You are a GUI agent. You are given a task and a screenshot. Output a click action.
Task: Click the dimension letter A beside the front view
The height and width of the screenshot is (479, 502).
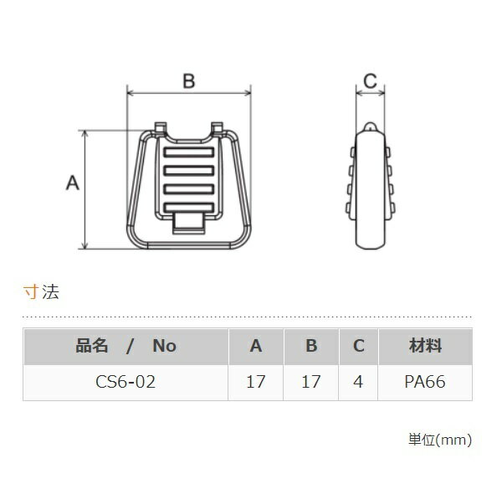(x=72, y=183)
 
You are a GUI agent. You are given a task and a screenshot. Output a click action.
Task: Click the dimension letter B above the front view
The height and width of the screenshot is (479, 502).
(x=189, y=80)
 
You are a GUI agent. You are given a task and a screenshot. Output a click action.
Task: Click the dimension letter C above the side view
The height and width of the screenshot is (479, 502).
(x=370, y=80)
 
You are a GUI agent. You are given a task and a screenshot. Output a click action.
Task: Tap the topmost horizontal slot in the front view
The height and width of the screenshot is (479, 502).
(x=189, y=152)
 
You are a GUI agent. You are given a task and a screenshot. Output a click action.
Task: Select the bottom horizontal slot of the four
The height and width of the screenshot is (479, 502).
(x=189, y=208)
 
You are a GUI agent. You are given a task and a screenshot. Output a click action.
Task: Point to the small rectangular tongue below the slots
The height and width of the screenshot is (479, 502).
(x=189, y=224)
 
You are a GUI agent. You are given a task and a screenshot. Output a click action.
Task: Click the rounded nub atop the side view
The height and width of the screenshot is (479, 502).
(x=370, y=126)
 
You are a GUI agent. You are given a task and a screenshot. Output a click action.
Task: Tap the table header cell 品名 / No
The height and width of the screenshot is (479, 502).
(x=125, y=346)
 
